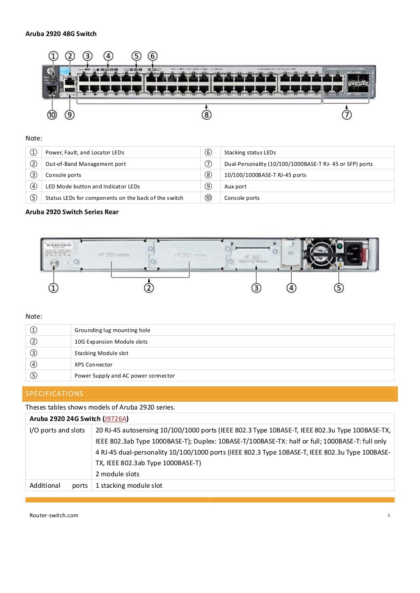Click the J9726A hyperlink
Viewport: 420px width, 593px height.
click(x=115, y=419)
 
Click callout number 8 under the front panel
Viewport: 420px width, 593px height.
click(x=207, y=115)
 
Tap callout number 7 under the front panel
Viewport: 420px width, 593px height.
click(x=347, y=115)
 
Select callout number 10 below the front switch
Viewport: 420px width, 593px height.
click(x=52, y=115)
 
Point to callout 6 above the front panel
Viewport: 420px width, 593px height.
click(x=153, y=56)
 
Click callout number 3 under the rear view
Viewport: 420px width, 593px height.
click(x=256, y=288)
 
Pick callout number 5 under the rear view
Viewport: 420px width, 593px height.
click(x=339, y=288)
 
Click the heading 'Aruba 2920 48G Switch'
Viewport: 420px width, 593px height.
click(x=61, y=34)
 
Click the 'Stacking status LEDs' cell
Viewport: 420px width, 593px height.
click(x=250, y=152)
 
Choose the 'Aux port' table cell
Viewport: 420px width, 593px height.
click(x=235, y=186)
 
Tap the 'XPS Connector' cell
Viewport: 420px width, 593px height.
click(x=94, y=364)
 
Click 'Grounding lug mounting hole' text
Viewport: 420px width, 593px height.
click(x=112, y=330)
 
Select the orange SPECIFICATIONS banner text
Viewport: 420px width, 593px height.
click(x=55, y=394)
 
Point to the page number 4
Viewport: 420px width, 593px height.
click(x=389, y=515)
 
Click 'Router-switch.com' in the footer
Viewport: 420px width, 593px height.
click(x=54, y=515)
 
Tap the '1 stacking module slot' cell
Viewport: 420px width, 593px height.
click(x=129, y=485)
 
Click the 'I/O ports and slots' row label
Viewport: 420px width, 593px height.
click(x=57, y=430)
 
